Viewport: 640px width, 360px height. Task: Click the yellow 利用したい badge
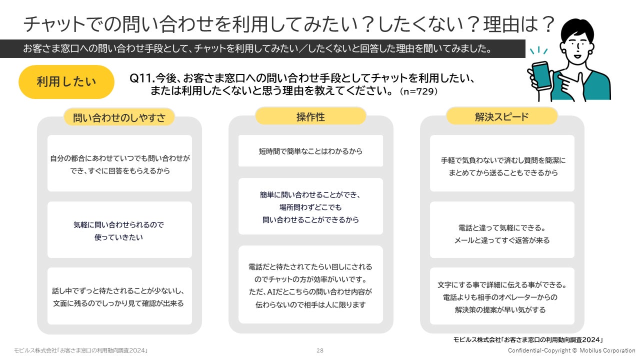(66, 82)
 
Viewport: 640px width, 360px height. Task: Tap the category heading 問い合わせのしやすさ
(119, 117)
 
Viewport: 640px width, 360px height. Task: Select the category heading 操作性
(310, 116)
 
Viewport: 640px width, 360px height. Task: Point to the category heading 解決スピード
(501, 116)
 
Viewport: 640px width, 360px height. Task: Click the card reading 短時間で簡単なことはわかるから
(310, 150)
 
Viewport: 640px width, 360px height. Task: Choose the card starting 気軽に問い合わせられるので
(119, 230)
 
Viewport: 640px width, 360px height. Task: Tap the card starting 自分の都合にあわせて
(119, 163)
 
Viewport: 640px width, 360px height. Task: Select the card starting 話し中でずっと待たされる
(119, 296)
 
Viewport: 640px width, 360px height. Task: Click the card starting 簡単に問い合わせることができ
(310, 206)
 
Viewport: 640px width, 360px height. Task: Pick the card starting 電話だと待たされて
(310, 284)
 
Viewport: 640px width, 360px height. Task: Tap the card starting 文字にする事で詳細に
(502, 296)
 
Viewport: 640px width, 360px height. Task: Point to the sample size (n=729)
(418, 91)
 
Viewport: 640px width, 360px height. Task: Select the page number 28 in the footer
(320, 351)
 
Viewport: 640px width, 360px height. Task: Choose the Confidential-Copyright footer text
(571, 350)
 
